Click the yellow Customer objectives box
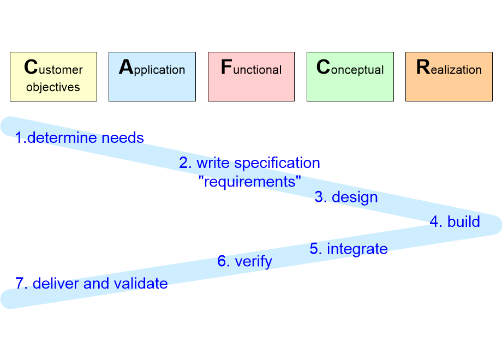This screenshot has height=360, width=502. pyautogui.click(x=53, y=76)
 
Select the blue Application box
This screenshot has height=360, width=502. pyautogui.click(x=152, y=76)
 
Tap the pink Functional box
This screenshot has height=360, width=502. pyautogui.click(x=251, y=76)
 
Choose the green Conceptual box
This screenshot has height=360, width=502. pyautogui.click(x=350, y=76)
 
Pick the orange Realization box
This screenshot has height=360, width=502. pyautogui.click(x=449, y=76)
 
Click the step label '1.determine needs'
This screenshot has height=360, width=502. pyautogui.click(x=80, y=137)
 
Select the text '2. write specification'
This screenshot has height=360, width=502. pyautogui.click(x=249, y=163)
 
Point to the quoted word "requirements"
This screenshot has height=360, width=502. pyautogui.click(x=249, y=181)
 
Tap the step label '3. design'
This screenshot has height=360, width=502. pyautogui.click(x=346, y=197)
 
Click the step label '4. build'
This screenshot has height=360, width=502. pyautogui.click(x=455, y=221)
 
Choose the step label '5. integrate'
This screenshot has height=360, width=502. pyautogui.click(x=349, y=249)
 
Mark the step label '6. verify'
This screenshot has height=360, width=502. pyautogui.click(x=244, y=261)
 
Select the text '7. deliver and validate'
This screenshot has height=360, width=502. pyautogui.click(x=92, y=283)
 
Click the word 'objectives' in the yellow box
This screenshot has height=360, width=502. pyautogui.click(x=53, y=87)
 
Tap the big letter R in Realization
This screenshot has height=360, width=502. pyautogui.click(x=423, y=67)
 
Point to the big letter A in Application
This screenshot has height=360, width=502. pyautogui.click(x=126, y=67)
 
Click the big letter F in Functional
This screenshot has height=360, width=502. pyautogui.click(x=226, y=67)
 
